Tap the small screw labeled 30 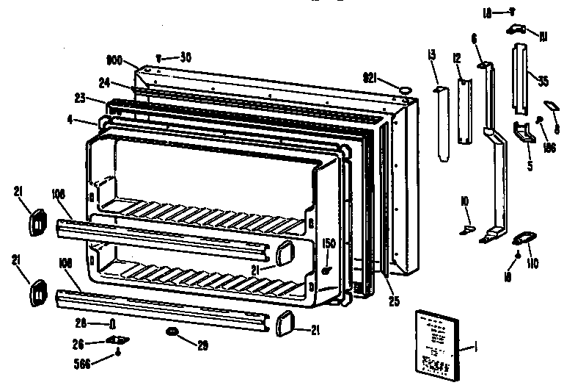160,56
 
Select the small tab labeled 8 549,106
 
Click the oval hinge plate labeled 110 521,239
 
